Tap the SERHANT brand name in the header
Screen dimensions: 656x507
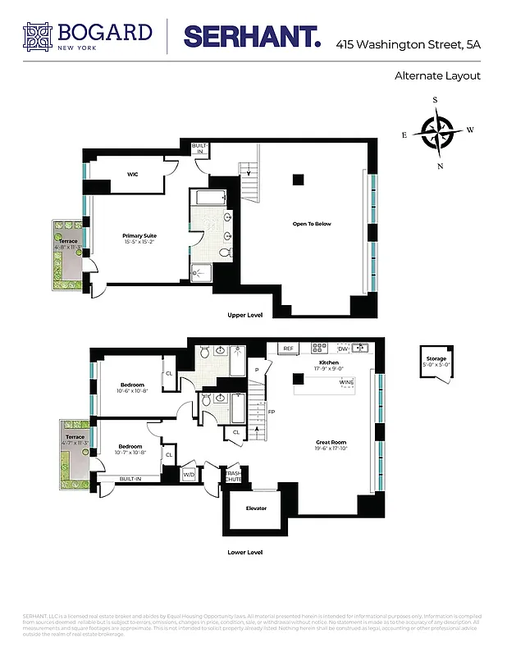(251, 36)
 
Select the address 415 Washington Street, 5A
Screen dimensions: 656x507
(408, 44)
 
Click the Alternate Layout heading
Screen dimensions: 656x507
(437, 76)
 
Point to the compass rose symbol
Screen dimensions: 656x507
(436, 131)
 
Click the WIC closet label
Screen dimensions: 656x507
(132, 174)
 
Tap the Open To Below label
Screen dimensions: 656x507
(312, 224)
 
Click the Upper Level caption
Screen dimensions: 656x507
(245, 315)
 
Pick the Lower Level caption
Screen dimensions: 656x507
(245, 553)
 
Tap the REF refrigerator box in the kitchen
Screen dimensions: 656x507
(288, 348)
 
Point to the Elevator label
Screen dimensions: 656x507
(256, 508)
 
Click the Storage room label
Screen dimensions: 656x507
(435, 360)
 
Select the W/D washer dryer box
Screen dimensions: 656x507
(188, 474)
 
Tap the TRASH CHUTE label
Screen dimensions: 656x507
(232, 476)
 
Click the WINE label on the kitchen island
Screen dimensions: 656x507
(346, 382)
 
